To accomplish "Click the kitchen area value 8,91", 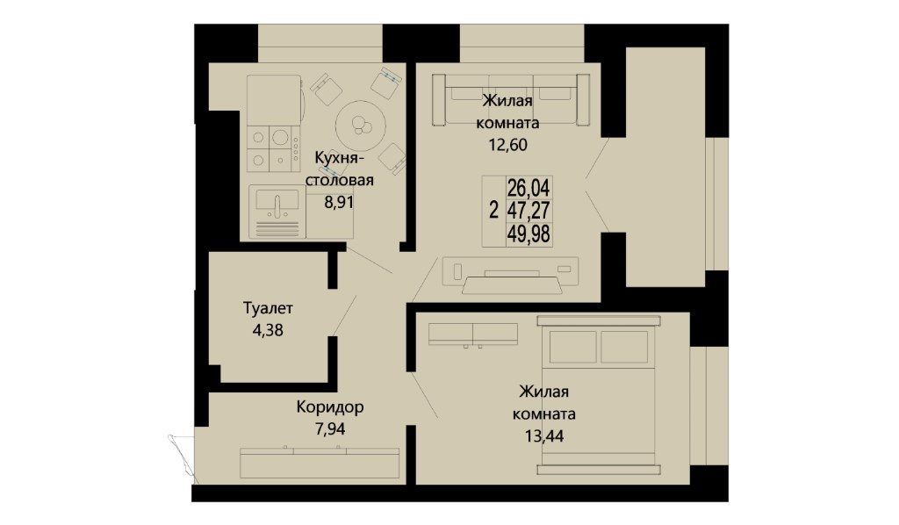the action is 339,202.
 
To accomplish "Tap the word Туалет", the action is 268,308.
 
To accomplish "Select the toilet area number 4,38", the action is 268,330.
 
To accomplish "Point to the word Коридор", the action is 330,407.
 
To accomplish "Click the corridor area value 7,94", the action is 330,428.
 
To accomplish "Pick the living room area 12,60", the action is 507,145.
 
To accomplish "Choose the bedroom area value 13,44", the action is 544,436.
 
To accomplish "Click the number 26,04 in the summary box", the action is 528,188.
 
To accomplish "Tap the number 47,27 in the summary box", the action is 528,211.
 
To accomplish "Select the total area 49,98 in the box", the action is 528,234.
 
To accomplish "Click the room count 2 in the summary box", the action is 493,211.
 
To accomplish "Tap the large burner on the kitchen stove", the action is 280,137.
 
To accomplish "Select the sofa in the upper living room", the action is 511,100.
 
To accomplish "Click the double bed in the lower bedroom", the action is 599,395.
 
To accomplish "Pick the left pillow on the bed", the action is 572,347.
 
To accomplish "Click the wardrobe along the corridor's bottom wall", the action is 320,463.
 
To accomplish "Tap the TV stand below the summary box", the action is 510,275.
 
